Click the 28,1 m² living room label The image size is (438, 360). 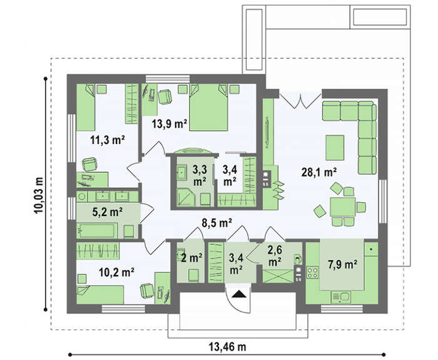(318, 172)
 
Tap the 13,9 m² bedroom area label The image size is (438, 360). (170, 123)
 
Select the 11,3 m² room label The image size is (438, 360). (108, 140)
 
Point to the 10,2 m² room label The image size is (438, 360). (117, 272)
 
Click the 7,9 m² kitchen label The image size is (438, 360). (342, 264)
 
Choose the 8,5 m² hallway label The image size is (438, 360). (217, 223)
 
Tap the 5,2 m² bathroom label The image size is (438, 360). (108, 212)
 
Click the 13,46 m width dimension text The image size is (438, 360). (227, 347)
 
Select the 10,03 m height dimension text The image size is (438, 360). (39, 195)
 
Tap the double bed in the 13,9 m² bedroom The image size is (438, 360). (208, 107)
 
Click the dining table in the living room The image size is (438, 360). (343, 207)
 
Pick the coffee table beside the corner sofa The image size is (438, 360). (335, 148)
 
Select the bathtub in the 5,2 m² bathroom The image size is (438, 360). (97, 230)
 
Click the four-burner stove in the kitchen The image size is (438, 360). (313, 272)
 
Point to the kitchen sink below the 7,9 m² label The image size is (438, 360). (340, 297)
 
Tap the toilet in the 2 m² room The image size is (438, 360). (193, 275)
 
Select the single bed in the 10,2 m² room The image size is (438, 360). (100, 295)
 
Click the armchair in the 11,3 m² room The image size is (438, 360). (89, 164)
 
